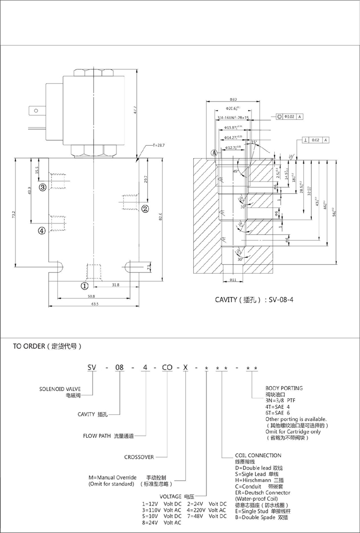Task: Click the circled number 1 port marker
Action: pos(84,286)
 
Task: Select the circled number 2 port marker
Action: pos(144,208)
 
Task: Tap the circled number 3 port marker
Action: pos(42,186)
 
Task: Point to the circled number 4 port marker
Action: pos(42,230)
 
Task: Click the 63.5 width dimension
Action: pos(95,305)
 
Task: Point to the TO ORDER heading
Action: pos(47,347)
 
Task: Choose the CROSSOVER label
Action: pos(139,457)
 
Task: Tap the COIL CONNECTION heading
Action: pos(258,455)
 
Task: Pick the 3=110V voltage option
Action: pos(162,510)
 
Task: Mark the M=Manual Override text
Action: pos(113,477)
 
